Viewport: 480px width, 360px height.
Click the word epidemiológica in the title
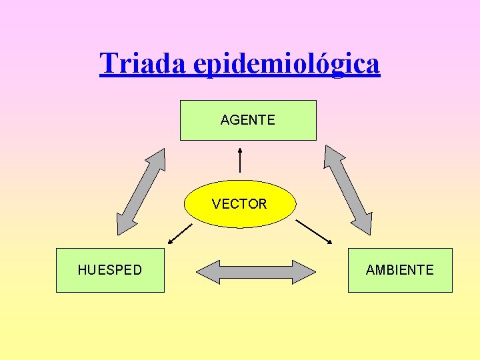click(287, 64)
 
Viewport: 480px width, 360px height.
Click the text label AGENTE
click(248, 120)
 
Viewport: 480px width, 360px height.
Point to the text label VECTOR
click(239, 204)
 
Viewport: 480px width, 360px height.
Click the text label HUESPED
click(110, 270)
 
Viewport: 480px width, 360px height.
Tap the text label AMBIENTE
click(400, 270)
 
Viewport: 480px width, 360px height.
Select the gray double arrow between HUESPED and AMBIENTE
click(256, 272)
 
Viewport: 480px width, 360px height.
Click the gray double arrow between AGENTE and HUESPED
click(141, 191)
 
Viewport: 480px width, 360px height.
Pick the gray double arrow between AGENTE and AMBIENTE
click(347, 190)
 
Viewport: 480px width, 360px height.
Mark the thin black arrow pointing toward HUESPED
click(179, 233)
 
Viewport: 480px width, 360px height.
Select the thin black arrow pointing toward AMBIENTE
click(313, 231)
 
